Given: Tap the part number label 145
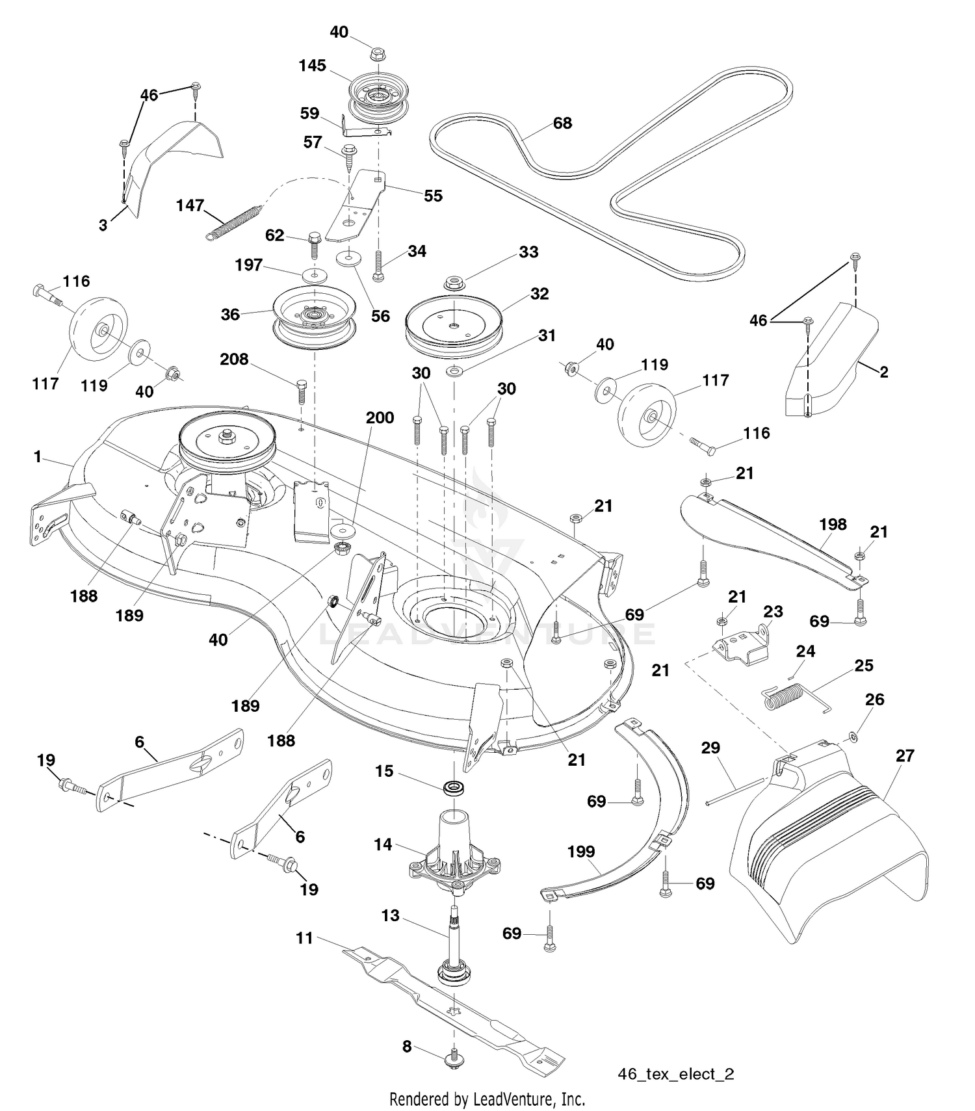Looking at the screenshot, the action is (313, 66).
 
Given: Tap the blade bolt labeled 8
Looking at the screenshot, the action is (454, 1058).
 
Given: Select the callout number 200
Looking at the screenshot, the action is (380, 417).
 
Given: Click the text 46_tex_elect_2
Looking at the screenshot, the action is (676, 1074).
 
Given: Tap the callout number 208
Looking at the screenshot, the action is (234, 359).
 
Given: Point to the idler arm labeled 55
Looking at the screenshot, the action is (355, 205).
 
